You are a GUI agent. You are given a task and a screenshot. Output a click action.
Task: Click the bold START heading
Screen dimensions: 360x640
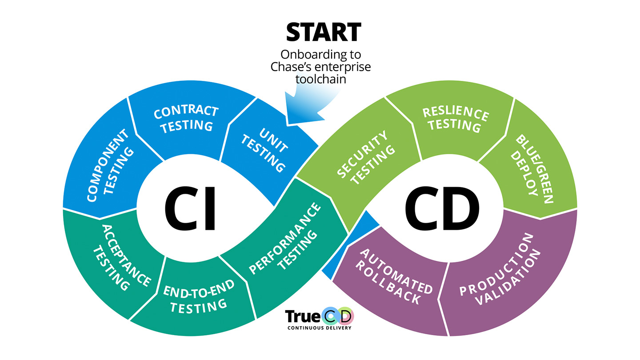323,32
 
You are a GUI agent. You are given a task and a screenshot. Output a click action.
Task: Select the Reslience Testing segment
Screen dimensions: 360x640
454,119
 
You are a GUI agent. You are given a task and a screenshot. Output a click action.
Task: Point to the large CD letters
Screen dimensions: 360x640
442,209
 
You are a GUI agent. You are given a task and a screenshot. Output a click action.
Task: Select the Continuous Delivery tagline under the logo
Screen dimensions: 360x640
320,328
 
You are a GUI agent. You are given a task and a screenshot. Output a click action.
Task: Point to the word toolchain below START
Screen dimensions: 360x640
323,81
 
